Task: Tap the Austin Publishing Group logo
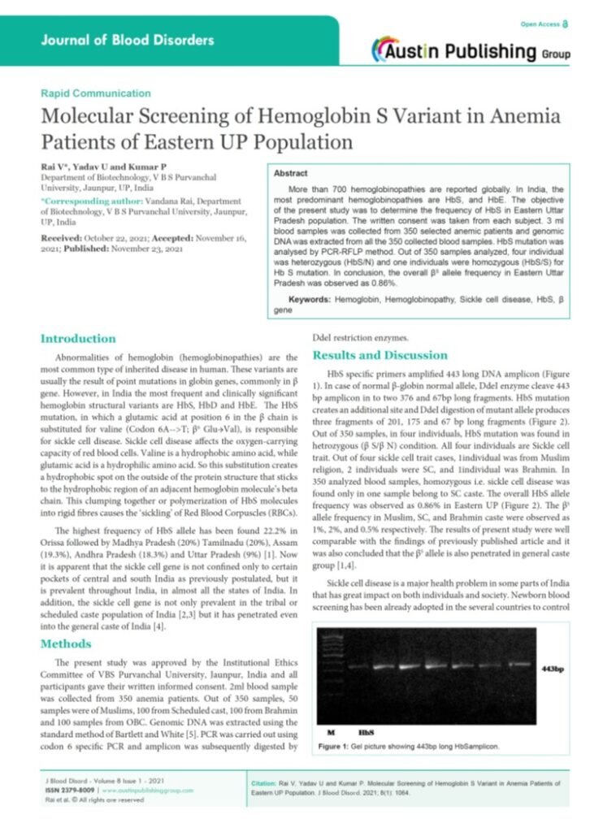coord(471,50)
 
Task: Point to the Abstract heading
coord(291,174)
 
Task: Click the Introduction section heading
coord(78,338)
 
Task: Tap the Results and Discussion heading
coord(380,355)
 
